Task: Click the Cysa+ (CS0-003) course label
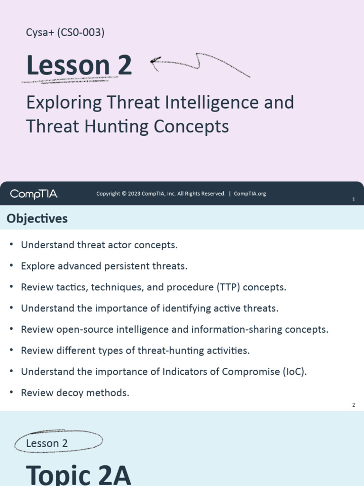pyautogui.click(x=65, y=33)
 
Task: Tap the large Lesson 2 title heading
pyautogui.click(x=79, y=65)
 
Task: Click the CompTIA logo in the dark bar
pyautogui.click(x=34, y=194)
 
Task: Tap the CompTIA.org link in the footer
pyautogui.click(x=250, y=194)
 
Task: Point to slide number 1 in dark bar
pyautogui.click(x=354, y=200)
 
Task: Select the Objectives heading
pyautogui.click(x=37, y=218)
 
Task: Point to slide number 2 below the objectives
pyautogui.click(x=354, y=405)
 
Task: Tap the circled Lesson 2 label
pyautogui.click(x=47, y=443)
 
